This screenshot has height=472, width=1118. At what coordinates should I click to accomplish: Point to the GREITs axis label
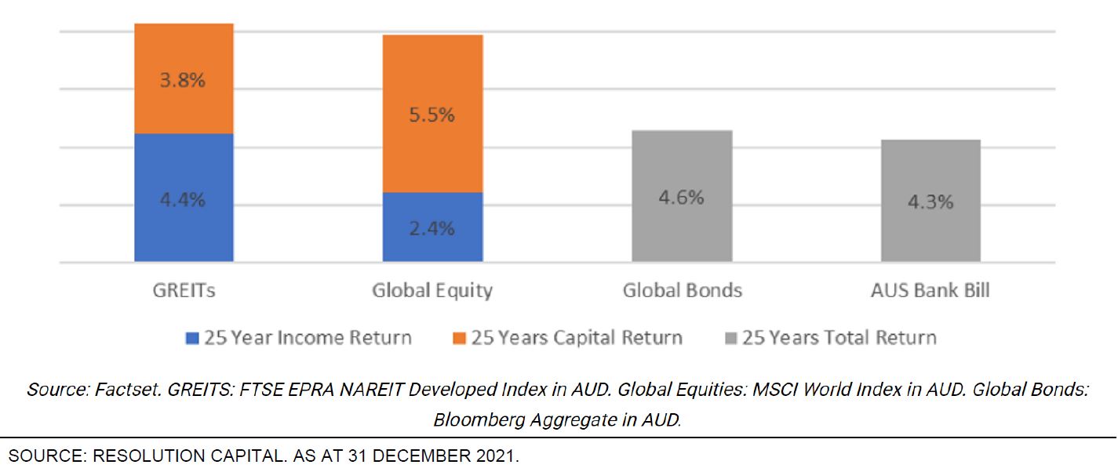point(184,291)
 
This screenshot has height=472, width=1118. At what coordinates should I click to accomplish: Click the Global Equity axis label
point(432,291)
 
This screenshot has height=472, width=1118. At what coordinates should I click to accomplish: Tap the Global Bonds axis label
point(682,291)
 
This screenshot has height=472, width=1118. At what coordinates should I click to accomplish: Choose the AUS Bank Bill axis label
point(930,291)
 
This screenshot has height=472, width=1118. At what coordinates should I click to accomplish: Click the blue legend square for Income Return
point(191,339)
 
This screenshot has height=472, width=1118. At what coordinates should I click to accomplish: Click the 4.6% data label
point(681,198)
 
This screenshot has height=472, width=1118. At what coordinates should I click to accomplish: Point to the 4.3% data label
point(930,202)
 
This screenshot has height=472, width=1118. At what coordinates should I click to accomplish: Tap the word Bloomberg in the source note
point(477,419)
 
